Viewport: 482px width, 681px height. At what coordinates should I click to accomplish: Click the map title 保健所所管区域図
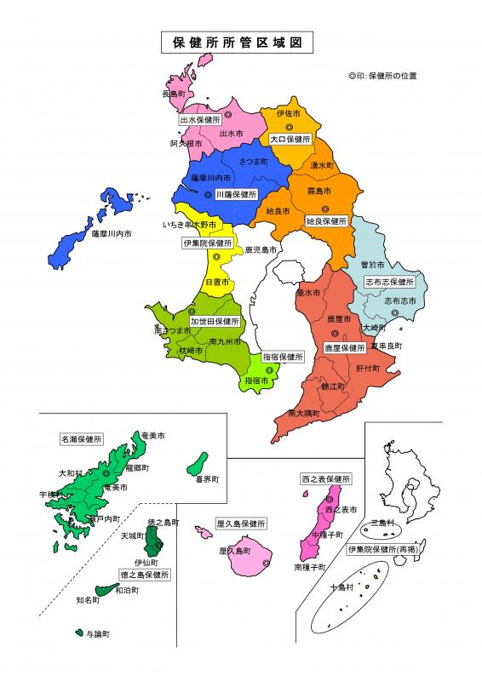[230, 42]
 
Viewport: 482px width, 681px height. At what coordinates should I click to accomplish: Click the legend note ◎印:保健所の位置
[382, 76]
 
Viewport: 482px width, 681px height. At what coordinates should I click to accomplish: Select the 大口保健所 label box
[290, 138]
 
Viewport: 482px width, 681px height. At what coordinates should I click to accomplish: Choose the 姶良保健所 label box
[327, 220]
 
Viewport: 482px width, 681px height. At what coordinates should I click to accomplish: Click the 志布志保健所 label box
[389, 281]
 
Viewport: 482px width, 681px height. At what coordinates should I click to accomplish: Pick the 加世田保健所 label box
[215, 322]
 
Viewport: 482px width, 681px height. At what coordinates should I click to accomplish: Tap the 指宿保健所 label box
[283, 357]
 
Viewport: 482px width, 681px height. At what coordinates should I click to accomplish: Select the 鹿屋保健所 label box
[344, 347]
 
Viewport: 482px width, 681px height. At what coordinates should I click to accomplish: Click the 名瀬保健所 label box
[81, 439]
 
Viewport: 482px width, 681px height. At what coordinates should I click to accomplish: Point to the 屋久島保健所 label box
[242, 523]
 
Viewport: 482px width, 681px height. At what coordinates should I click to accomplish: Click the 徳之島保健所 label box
[144, 575]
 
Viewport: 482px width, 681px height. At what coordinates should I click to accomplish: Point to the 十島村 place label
[344, 587]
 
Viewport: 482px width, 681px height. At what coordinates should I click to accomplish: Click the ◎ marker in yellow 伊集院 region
[216, 255]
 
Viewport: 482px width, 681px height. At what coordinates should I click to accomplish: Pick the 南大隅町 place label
[304, 413]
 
